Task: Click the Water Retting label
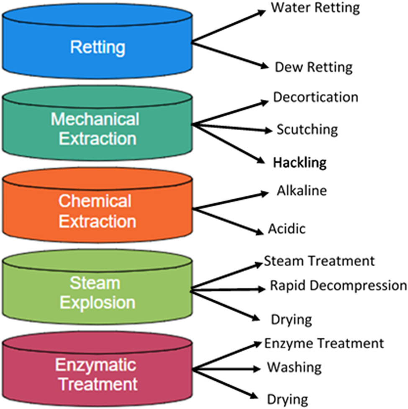tap(315, 8)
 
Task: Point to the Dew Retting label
tap(313, 67)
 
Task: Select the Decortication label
tap(316, 97)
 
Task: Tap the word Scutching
tap(307, 130)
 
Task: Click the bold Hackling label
tap(300, 162)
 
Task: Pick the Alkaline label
tap(301, 191)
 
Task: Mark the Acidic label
tap(287, 229)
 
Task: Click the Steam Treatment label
tap(319, 261)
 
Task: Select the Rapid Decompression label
tap(338, 286)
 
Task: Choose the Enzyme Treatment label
tap(323, 344)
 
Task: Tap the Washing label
tap(294, 368)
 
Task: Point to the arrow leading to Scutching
tap(233, 127)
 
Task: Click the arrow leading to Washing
tap(228, 369)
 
